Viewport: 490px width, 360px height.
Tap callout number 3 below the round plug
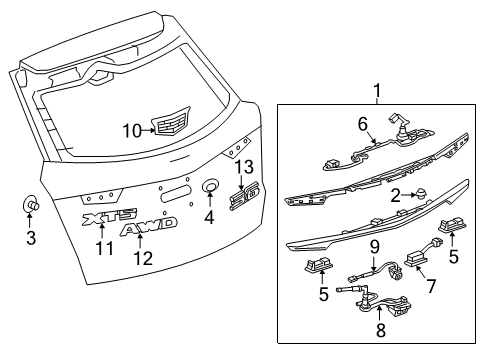tap(31, 238)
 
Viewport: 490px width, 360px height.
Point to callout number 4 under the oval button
tap(209, 215)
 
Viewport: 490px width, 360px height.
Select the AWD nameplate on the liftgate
tap(150, 228)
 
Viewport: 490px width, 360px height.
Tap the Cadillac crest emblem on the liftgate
tap(168, 123)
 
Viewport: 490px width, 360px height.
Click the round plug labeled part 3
tap(30, 207)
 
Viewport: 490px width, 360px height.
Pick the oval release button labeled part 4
tap(210, 187)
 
